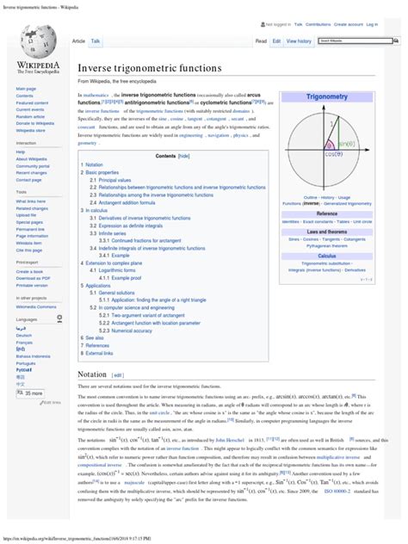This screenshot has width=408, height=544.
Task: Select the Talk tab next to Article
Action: pos(96,40)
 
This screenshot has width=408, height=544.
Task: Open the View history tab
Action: pos(299,40)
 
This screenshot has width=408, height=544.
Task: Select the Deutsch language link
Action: pos(24,336)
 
